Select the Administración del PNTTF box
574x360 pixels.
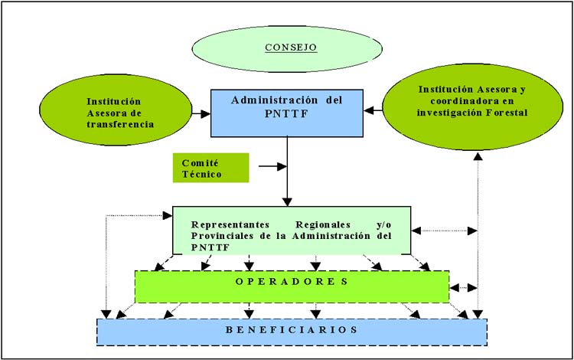[286, 113]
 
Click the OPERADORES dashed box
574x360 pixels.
[292, 286]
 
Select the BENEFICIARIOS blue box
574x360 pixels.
[292, 330]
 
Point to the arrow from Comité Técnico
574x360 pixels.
[272, 165]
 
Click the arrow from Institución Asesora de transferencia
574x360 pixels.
[201, 114]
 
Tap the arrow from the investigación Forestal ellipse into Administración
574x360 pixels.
[373, 111]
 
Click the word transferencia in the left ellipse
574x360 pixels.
[119, 123]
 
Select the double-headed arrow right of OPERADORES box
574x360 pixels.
[461, 288]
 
